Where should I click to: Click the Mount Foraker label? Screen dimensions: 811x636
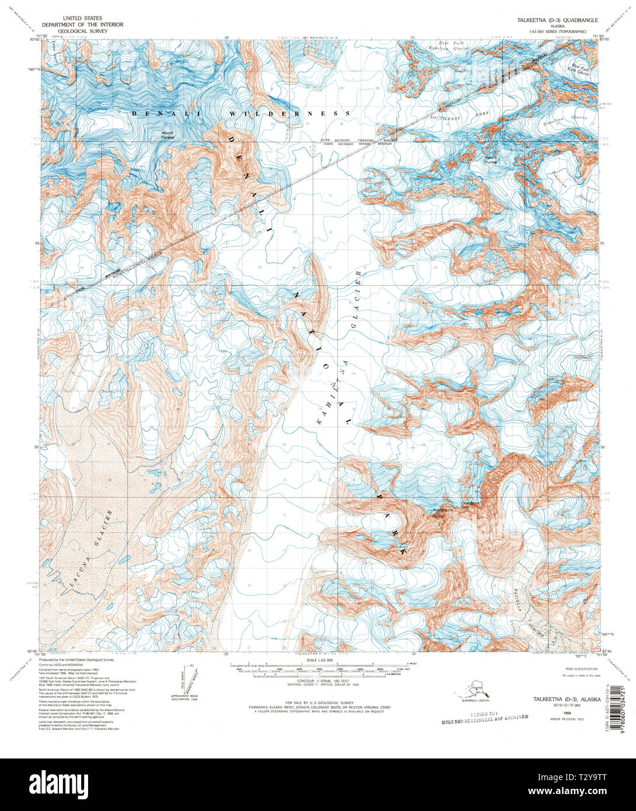tap(167, 135)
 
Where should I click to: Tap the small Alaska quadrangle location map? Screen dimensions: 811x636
tap(472, 691)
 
